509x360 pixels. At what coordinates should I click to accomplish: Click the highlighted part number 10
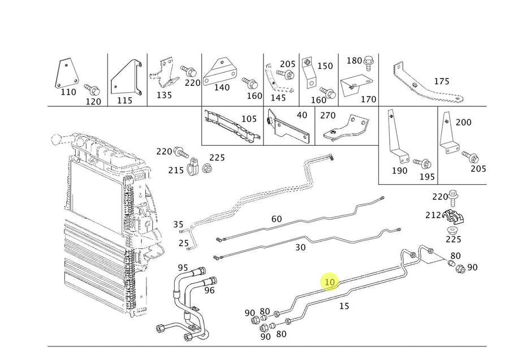coord(330,281)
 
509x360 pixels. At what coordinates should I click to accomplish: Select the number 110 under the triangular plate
coord(68,92)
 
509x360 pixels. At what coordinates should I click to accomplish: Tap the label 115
coord(124,100)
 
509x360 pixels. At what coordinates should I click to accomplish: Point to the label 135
coord(163,95)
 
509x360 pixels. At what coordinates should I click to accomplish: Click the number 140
coord(222,88)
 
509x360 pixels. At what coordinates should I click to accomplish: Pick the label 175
coord(441,81)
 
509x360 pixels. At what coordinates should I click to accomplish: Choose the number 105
coord(248,119)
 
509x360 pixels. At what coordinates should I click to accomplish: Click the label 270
coord(328,115)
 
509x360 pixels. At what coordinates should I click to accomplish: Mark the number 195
coord(427,177)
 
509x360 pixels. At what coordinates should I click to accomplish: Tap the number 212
coord(434,215)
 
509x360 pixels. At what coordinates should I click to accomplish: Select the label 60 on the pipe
coord(277,219)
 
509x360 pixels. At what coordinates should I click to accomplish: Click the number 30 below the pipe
coord(300,247)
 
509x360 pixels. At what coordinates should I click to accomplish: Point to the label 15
coord(344,306)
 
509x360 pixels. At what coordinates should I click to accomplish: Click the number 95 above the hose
coord(183,267)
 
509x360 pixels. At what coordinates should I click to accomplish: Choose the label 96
coord(209,290)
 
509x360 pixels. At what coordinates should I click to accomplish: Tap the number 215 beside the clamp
coord(176,170)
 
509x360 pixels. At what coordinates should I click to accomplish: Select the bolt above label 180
coord(368,62)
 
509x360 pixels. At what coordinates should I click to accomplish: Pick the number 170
coord(368,99)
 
